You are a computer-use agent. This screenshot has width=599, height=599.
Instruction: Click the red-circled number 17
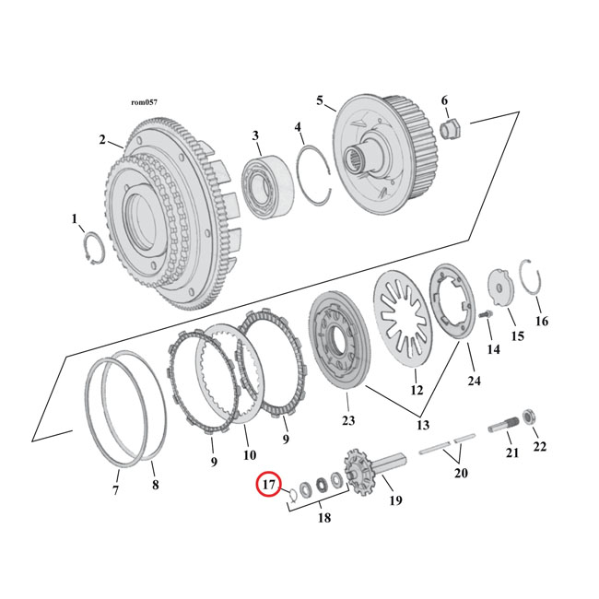[x=268, y=484]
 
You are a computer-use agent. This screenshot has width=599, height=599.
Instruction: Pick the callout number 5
[x=320, y=100]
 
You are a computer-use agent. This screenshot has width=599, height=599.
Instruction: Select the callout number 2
[x=103, y=140]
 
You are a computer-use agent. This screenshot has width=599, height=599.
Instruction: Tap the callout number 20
[x=461, y=472]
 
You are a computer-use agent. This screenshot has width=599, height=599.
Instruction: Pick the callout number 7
[x=116, y=490]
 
